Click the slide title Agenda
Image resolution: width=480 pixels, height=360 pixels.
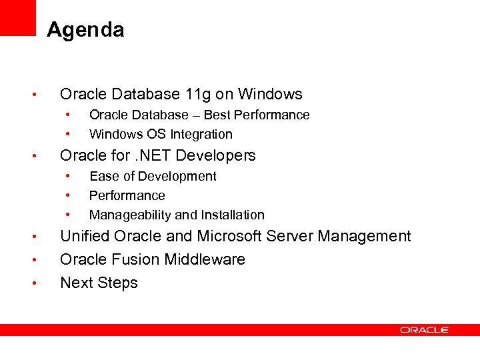[x=85, y=30]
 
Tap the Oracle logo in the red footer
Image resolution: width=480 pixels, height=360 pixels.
[x=425, y=330]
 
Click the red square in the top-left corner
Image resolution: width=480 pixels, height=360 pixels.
[x=17, y=17]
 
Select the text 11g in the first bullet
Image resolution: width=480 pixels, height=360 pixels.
[x=198, y=95]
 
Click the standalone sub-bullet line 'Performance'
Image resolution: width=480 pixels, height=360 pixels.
[x=127, y=195]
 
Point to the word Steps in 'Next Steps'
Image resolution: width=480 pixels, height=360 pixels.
[x=118, y=283]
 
